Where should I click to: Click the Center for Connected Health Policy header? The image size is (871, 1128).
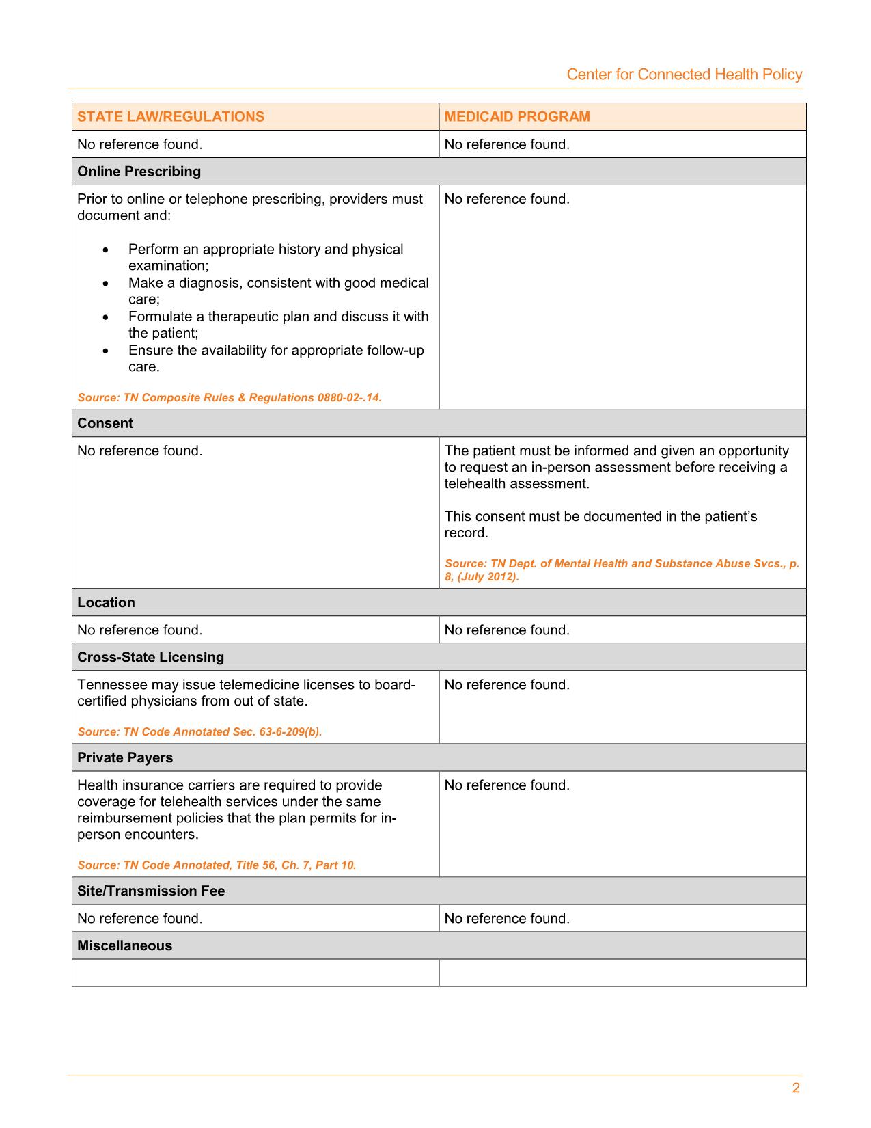click(684, 75)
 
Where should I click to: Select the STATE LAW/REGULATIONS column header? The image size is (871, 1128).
click(171, 116)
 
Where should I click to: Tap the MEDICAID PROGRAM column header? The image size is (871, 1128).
click(517, 116)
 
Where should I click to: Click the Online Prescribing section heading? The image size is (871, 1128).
click(139, 172)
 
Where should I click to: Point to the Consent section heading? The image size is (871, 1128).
click(105, 423)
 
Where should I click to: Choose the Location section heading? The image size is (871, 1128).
click(106, 602)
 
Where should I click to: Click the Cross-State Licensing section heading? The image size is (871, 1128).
click(150, 657)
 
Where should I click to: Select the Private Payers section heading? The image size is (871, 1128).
click(125, 757)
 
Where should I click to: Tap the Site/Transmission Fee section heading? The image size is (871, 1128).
click(151, 891)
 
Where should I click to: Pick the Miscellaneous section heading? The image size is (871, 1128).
click(124, 945)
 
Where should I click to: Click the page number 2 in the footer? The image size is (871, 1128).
click(796, 1088)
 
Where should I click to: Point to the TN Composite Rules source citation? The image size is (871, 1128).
click(230, 398)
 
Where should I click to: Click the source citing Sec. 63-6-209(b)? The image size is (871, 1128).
click(199, 732)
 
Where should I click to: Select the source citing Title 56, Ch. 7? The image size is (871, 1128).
click(217, 865)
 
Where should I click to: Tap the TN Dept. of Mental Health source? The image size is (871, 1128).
click(622, 570)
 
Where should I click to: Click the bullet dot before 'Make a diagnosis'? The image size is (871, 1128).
click(105, 283)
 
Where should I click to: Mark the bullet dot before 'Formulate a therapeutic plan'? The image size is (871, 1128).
click(105, 317)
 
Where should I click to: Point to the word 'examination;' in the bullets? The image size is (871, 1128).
click(168, 266)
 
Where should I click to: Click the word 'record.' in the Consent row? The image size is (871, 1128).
click(466, 533)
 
